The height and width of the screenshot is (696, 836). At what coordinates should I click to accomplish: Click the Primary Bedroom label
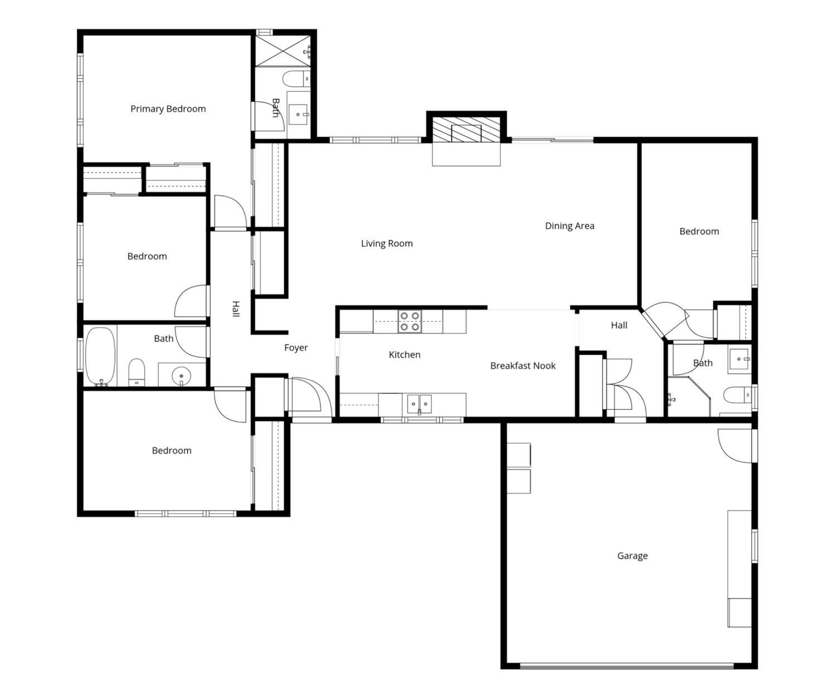point(168,109)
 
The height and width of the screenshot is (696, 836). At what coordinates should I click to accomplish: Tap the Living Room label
point(387,243)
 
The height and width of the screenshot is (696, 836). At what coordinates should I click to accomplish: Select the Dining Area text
point(570,226)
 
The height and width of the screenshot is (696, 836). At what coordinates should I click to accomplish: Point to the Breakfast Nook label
point(523,366)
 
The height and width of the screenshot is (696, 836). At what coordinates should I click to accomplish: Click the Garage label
point(633,556)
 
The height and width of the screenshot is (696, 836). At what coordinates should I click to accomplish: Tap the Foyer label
point(296,347)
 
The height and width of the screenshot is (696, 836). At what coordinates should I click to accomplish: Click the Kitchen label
point(405,354)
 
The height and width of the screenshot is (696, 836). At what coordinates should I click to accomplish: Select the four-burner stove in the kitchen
point(410,321)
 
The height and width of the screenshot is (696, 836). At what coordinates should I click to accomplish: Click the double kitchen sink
point(419,404)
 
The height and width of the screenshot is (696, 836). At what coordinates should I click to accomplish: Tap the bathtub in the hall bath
point(100,356)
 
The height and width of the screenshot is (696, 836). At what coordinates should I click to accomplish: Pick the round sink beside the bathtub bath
point(181,376)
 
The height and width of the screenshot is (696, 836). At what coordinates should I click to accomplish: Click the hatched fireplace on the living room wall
point(466,130)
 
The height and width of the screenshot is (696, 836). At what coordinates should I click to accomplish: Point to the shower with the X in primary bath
point(283,51)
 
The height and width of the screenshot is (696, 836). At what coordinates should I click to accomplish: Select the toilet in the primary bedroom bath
point(297,79)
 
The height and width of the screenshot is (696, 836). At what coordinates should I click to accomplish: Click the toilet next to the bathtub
point(137,372)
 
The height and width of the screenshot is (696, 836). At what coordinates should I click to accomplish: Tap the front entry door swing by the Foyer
point(309,398)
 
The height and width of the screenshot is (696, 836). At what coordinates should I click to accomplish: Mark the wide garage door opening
point(626,666)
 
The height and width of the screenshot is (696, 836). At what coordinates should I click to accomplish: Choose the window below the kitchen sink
point(422,420)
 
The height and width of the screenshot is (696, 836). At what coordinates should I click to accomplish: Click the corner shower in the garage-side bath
point(689,396)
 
